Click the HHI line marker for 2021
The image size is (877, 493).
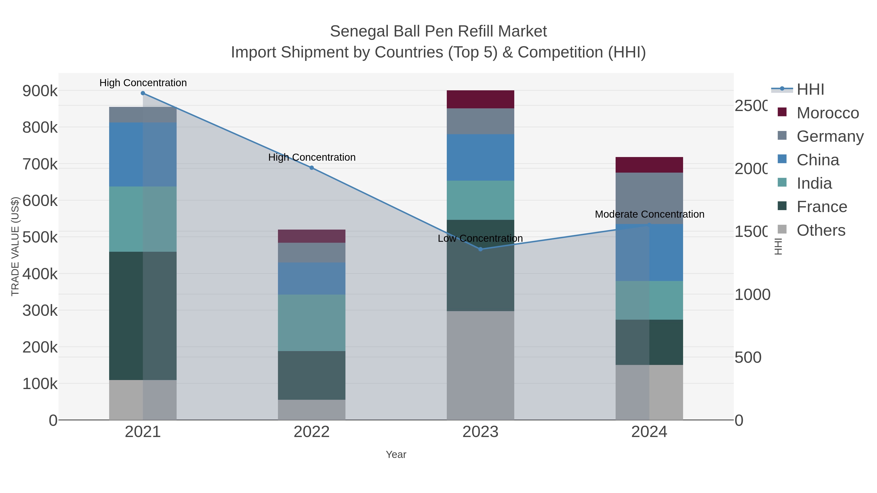coord(143,93)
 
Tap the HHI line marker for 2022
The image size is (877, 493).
coord(312,168)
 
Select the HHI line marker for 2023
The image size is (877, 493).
coord(480,249)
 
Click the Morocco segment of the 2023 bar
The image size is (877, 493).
coord(480,99)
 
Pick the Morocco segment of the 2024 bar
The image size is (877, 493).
coord(649,165)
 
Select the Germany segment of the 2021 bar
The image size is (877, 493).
coord(143,115)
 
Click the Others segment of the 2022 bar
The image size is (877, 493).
coord(312,410)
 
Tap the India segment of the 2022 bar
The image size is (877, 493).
coord(312,323)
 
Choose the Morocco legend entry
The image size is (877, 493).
coord(828,113)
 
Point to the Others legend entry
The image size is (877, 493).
coord(821,230)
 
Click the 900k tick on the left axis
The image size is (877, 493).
coord(40,91)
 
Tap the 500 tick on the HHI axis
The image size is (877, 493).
coord(748,358)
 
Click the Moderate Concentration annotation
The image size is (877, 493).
coord(649,214)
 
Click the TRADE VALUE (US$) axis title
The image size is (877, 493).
coord(15,246)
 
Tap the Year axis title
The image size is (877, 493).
coord(396,455)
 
